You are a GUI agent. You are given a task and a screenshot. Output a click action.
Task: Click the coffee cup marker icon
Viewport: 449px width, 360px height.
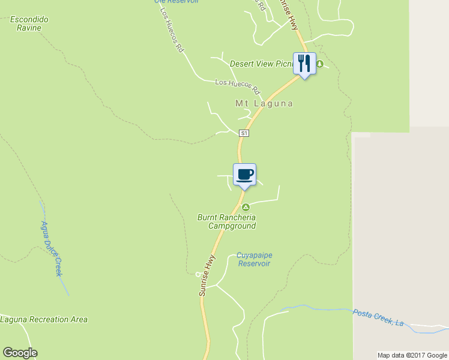pos(244,175)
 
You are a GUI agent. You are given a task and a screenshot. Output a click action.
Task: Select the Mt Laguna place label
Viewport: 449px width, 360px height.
pos(264,103)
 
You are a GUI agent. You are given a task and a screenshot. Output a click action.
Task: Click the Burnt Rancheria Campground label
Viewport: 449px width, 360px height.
pos(227,221)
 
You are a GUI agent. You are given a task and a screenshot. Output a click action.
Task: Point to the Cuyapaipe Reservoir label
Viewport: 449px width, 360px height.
pos(254,259)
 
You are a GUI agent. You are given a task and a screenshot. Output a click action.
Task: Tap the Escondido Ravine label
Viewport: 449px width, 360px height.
pos(29,23)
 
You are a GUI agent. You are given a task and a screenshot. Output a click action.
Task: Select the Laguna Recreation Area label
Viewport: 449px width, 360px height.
pos(44,319)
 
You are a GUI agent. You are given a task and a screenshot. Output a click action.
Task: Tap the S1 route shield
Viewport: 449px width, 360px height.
pos(244,133)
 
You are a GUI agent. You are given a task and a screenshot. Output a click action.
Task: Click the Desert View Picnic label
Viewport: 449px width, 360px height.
pos(261,64)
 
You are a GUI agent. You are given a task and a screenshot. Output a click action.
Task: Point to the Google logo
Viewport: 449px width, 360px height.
pos(20,353)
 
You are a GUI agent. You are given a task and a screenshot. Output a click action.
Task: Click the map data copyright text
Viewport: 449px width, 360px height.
pos(412,355)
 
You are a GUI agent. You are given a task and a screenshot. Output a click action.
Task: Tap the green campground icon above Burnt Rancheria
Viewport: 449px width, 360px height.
pos(246,207)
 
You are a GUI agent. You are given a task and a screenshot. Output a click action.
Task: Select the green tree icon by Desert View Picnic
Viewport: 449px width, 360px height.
pos(320,64)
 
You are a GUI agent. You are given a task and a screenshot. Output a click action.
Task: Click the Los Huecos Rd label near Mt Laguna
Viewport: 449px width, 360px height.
pos(238,86)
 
